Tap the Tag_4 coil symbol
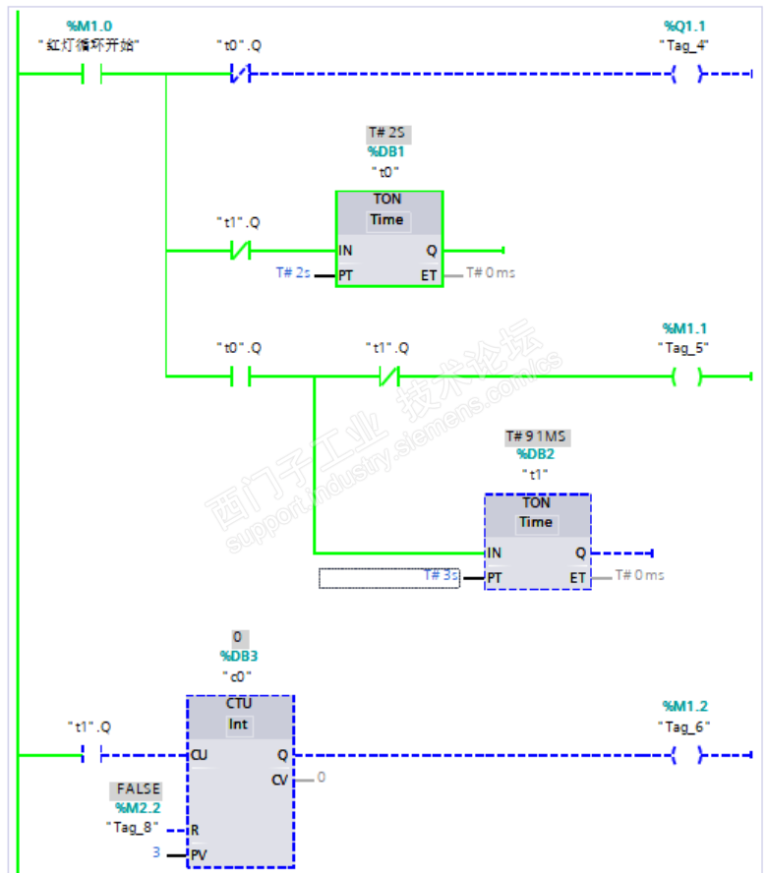tap(687, 74)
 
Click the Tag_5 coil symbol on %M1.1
tap(687, 376)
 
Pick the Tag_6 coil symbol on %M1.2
tap(687, 755)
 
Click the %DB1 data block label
tap(386, 151)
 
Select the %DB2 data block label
tap(536, 454)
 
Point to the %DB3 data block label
tap(238, 656)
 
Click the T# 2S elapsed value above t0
tap(386, 133)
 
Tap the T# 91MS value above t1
tap(537, 436)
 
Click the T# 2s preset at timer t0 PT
tap(292, 272)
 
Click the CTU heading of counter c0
tap(239, 704)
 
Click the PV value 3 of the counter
tap(155, 851)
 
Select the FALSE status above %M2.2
tap(139, 788)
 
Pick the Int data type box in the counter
tap(239, 726)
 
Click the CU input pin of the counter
tap(200, 755)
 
